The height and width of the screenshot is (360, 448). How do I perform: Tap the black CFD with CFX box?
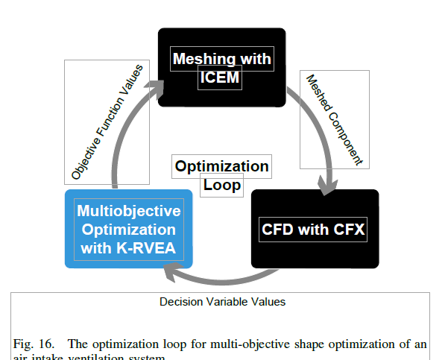pyautogui.click(x=315, y=228)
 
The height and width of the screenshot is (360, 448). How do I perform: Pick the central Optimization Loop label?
pyautogui.click(x=221, y=175)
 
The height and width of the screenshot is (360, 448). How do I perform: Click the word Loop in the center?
pyautogui.click(x=223, y=184)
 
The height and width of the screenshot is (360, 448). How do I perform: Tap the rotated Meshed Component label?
pyautogui.click(x=334, y=118)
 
